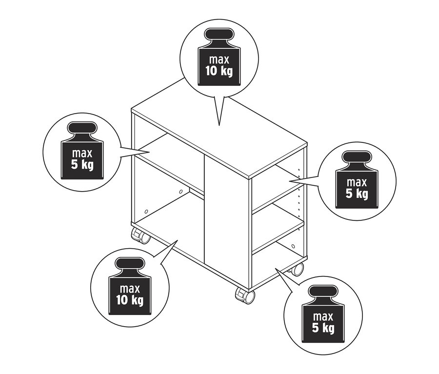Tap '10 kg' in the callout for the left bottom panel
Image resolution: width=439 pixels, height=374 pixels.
[130, 300]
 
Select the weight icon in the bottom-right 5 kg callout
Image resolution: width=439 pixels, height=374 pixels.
[322, 315]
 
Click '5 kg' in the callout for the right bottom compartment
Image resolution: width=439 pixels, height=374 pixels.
[322, 328]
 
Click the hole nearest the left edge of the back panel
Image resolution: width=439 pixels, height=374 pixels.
[146, 212]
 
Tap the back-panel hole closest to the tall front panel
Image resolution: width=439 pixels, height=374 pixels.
[180, 192]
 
